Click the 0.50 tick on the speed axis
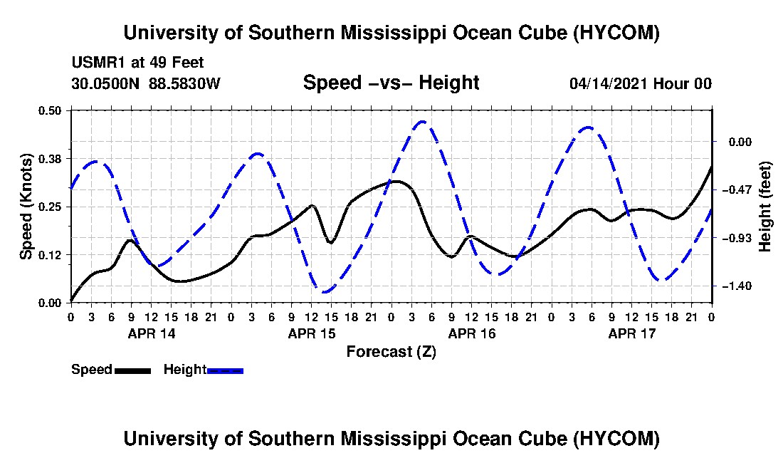(50, 110)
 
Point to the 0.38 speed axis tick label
(50, 159)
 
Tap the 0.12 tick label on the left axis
(50, 255)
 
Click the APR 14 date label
(152, 333)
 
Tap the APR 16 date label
(472, 333)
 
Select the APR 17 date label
(631, 333)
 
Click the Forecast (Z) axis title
(391, 352)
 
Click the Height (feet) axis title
(764, 207)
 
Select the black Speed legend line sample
(132, 370)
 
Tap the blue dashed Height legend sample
(225, 370)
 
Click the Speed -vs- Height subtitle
(391, 83)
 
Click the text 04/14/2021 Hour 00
(641, 83)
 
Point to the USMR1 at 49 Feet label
(138, 63)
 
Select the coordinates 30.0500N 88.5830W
(146, 83)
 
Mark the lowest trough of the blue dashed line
(325, 291)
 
